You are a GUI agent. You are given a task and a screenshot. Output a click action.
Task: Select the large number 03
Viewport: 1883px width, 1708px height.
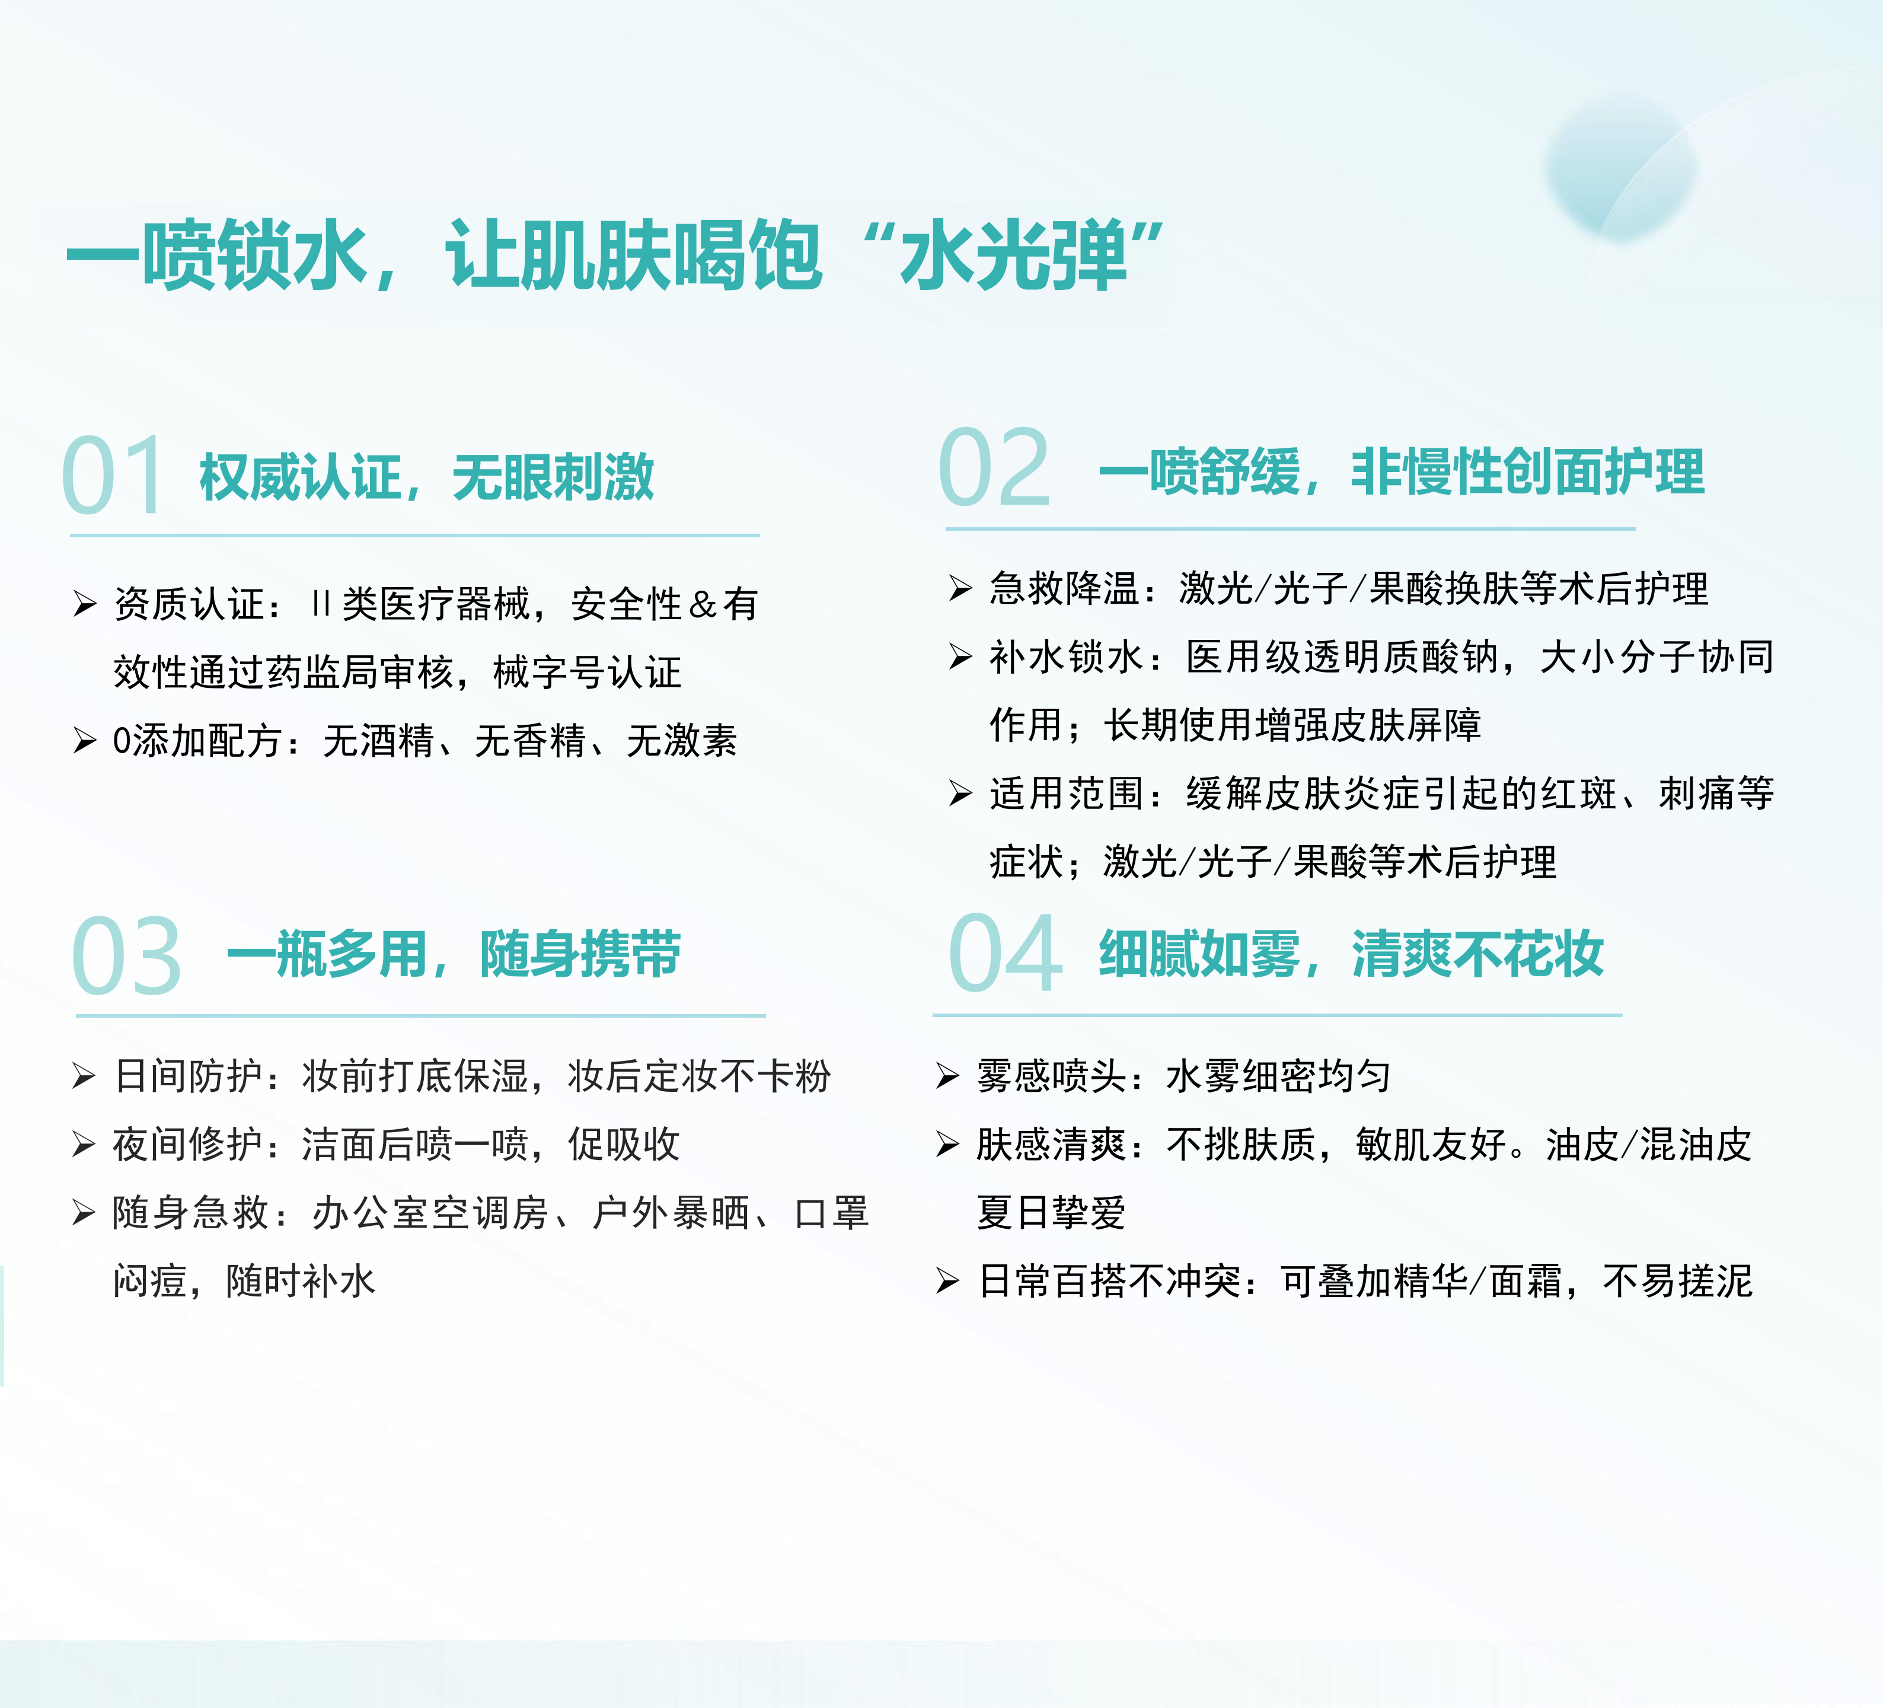[x=126, y=955]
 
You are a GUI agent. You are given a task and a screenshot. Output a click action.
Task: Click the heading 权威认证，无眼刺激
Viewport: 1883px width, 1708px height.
[x=427, y=477]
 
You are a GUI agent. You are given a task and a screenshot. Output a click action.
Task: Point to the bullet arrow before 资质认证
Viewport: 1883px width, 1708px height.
[x=85, y=604]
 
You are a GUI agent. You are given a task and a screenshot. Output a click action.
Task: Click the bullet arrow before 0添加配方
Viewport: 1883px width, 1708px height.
[x=85, y=741]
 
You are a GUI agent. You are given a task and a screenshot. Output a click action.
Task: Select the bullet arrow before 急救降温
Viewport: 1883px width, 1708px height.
[x=960, y=589]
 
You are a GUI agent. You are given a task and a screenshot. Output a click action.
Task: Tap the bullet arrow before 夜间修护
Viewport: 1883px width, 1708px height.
[x=84, y=1145]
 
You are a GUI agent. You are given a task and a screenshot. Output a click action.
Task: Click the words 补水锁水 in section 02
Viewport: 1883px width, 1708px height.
[x=1066, y=657]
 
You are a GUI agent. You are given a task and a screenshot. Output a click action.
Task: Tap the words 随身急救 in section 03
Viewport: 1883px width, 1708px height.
[x=190, y=1213]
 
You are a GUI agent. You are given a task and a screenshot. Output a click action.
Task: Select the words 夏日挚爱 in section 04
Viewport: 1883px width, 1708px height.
[x=1052, y=1213]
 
